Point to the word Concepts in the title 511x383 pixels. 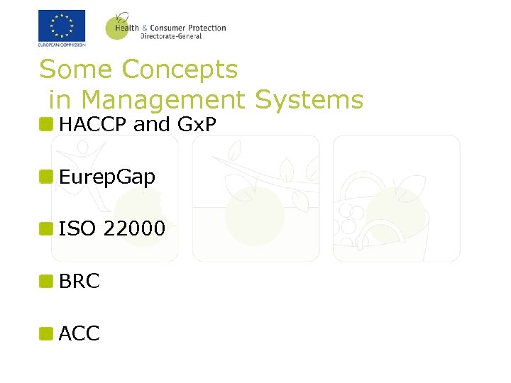pyautogui.click(x=180, y=70)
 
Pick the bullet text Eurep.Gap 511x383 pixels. pyautogui.click(x=107, y=177)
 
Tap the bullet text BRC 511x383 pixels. pyautogui.click(x=79, y=281)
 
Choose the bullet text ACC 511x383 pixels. pyautogui.click(x=79, y=333)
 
